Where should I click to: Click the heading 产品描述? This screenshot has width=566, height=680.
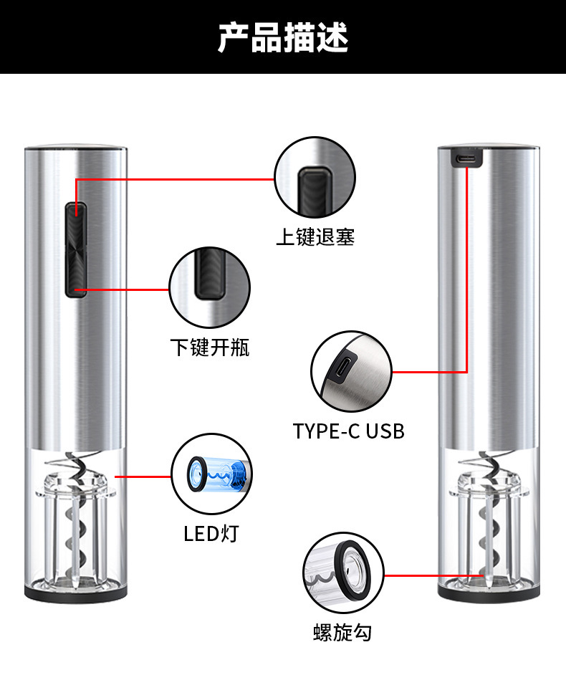tap(283, 37)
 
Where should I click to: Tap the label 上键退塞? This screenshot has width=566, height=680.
tap(315, 236)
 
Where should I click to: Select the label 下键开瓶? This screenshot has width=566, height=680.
tap(210, 348)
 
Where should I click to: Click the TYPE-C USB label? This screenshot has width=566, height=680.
tap(349, 431)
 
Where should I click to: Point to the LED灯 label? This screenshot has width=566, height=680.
tap(211, 533)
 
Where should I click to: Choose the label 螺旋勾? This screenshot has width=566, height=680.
tap(342, 633)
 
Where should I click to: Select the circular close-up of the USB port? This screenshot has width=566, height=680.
tap(350, 371)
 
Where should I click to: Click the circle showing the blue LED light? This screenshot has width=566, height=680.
tap(212, 474)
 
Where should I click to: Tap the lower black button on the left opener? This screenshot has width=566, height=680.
tap(75, 272)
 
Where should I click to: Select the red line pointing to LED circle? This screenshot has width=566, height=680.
tap(143, 475)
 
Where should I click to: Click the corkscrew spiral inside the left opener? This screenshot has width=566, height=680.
tap(74, 516)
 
